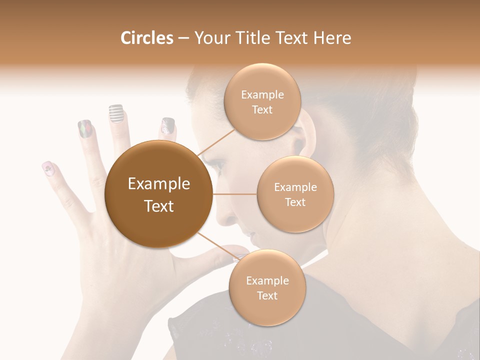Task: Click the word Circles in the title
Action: [x=146, y=38]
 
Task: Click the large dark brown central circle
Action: [x=158, y=194]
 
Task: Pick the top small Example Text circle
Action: [x=262, y=101]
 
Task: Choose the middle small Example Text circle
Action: [x=295, y=194]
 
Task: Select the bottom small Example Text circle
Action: [x=267, y=287]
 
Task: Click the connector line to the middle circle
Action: [x=235, y=194]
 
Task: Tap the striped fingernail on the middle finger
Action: [x=116, y=113]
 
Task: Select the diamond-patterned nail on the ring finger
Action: [x=85, y=129]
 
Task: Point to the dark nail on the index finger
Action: [x=168, y=126]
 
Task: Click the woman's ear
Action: [x=306, y=137]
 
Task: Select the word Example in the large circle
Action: [x=158, y=184]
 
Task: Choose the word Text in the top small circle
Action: [x=262, y=109]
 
